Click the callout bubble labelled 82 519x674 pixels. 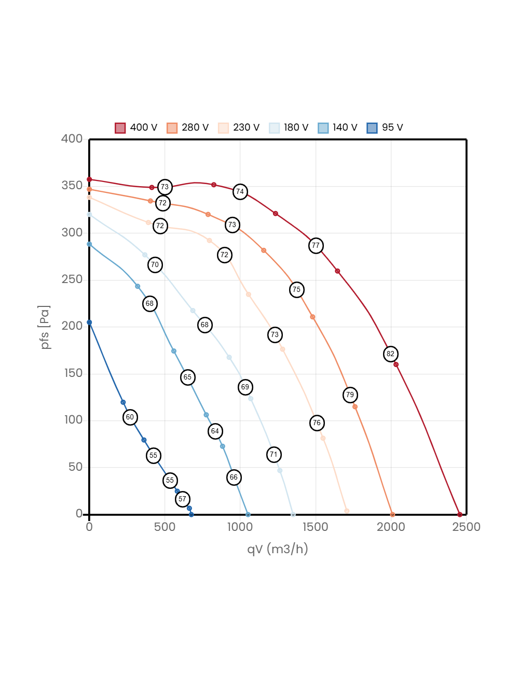tap(390, 354)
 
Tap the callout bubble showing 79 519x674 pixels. tap(350, 395)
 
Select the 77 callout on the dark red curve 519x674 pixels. tap(316, 246)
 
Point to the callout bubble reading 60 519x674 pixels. tap(130, 417)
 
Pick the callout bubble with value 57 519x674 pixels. tap(182, 499)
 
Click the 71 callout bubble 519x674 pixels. tap(274, 455)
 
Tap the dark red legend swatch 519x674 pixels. tap(120, 128)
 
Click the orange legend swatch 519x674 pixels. tap(172, 128)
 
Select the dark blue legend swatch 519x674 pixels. tap(372, 128)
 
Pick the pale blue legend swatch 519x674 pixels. tap(275, 128)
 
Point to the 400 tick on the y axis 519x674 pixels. tap(72, 138)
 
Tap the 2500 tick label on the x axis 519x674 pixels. tap(466, 527)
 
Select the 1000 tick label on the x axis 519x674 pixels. tap(239, 527)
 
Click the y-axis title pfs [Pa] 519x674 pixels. tap(45, 327)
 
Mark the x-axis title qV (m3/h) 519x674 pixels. tap(278, 549)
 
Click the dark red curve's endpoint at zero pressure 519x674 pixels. tap(460, 514)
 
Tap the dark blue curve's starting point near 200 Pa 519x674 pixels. tap(89, 322)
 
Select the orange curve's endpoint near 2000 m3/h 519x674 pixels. tap(392, 514)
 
